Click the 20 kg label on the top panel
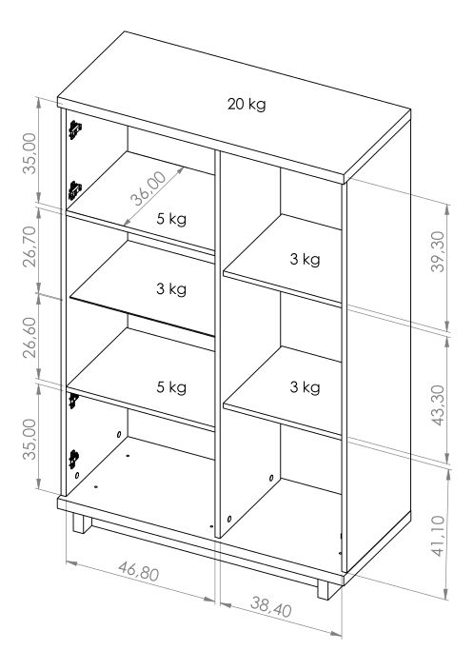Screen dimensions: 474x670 (247, 105)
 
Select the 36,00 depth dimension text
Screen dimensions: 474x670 (148, 188)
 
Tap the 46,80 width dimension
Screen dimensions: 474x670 (139, 572)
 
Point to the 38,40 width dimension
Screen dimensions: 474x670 (271, 607)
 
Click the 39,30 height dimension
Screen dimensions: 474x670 (438, 251)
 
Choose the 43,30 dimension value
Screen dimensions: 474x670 (438, 405)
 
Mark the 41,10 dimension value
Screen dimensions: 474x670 (438, 536)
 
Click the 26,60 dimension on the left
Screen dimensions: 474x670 (30, 338)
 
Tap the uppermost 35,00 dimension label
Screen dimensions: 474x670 (30, 153)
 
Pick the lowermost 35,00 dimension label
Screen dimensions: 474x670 (30, 439)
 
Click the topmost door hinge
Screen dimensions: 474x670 (75, 129)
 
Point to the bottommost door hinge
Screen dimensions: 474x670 (73, 460)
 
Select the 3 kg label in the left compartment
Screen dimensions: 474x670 (171, 289)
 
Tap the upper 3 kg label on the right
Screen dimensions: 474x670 (305, 260)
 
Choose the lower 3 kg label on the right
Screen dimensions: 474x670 (305, 387)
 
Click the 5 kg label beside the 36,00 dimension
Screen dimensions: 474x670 (171, 219)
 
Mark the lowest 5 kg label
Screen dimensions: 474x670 (171, 387)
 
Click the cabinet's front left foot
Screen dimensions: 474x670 (82, 523)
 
